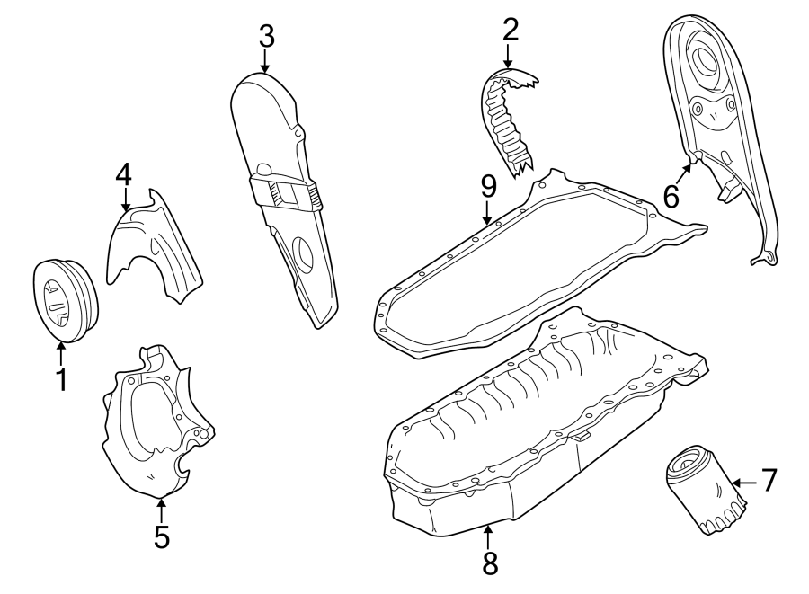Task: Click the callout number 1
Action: click(61, 380)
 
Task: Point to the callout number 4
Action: click(124, 173)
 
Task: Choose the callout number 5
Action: click(161, 536)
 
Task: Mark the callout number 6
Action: click(671, 195)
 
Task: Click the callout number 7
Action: click(769, 481)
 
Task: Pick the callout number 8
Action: click(489, 563)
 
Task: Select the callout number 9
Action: click(487, 186)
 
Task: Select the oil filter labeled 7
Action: click(706, 492)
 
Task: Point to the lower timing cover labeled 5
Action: click(157, 422)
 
